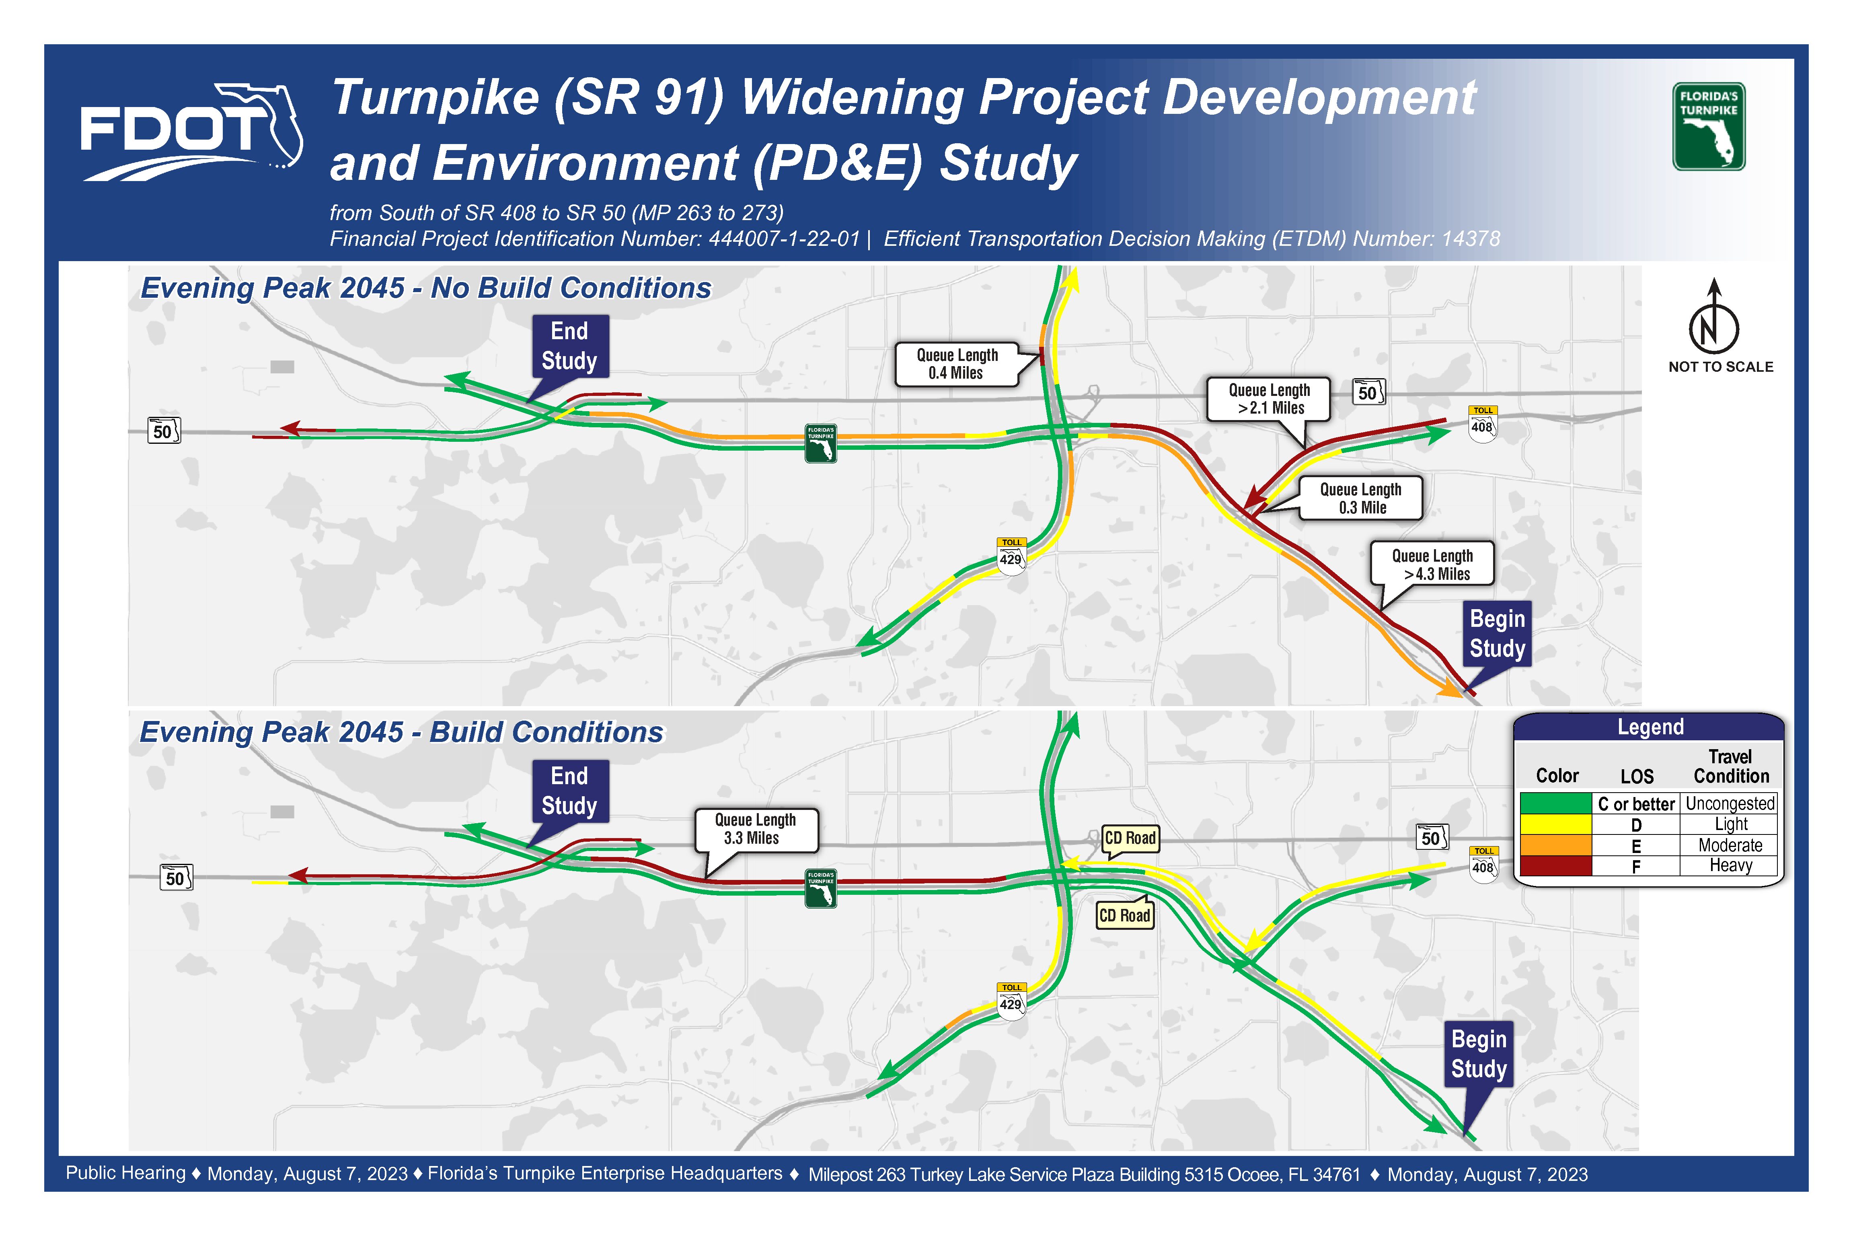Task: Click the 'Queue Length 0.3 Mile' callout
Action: [x=1361, y=498]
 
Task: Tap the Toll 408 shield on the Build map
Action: [x=1483, y=864]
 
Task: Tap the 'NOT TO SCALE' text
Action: [x=1721, y=367]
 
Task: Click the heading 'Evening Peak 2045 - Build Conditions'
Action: [x=402, y=732]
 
